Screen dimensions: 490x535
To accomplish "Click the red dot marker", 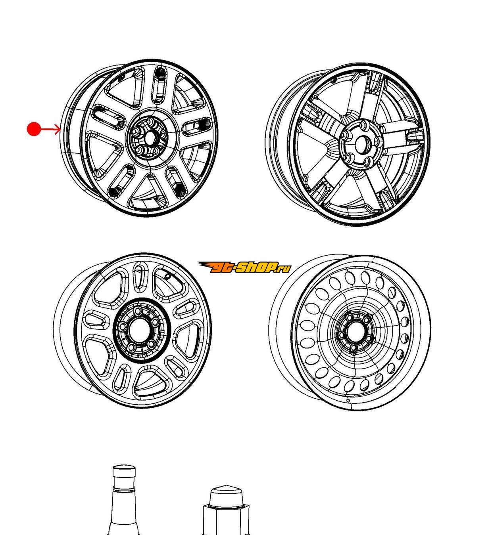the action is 34,129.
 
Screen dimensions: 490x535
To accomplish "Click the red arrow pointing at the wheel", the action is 50,130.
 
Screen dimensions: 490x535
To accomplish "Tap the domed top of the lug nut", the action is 226,496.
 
